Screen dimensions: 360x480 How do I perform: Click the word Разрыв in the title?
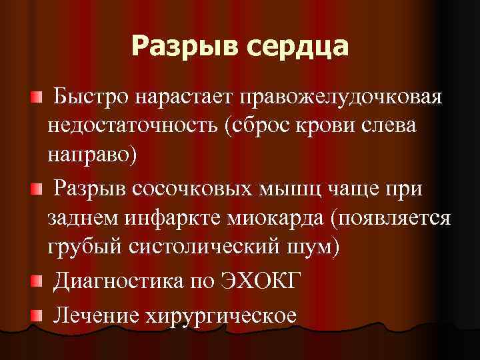179,46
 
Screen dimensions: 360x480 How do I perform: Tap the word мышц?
293,189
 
